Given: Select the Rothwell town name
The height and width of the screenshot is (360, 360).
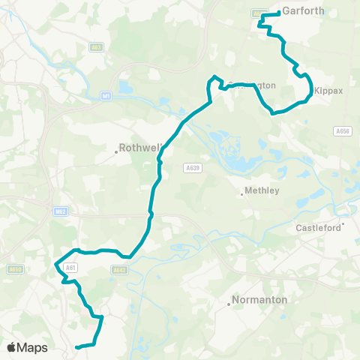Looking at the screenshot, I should pyautogui.click(x=137, y=148).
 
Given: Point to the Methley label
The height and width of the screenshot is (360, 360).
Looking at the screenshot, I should pyautogui.click(x=262, y=190).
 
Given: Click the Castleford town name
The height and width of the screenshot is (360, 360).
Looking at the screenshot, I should pyautogui.click(x=318, y=227).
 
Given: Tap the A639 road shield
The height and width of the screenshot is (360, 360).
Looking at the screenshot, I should pyautogui.click(x=191, y=168).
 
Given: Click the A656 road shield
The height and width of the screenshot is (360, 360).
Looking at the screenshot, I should pyautogui.click(x=343, y=130).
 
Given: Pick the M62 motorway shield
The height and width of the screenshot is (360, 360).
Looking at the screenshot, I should pyautogui.click(x=61, y=212).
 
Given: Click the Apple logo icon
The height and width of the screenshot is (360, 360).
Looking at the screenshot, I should pyautogui.click(x=11, y=347).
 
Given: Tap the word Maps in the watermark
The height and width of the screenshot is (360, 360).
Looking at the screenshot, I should pyautogui.click(x=33, y=347).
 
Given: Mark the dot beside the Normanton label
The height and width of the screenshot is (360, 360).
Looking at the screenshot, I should pyautogui.click(x=229, y=304).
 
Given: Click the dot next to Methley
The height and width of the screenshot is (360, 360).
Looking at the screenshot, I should pyautogui.click(x=242, y=195).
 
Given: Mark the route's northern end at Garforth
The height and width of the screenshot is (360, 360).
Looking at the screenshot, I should pyautogui.click(x=278, y=13).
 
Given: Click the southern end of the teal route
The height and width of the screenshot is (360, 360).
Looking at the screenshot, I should pyautogui.click(x=77, y=346).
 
